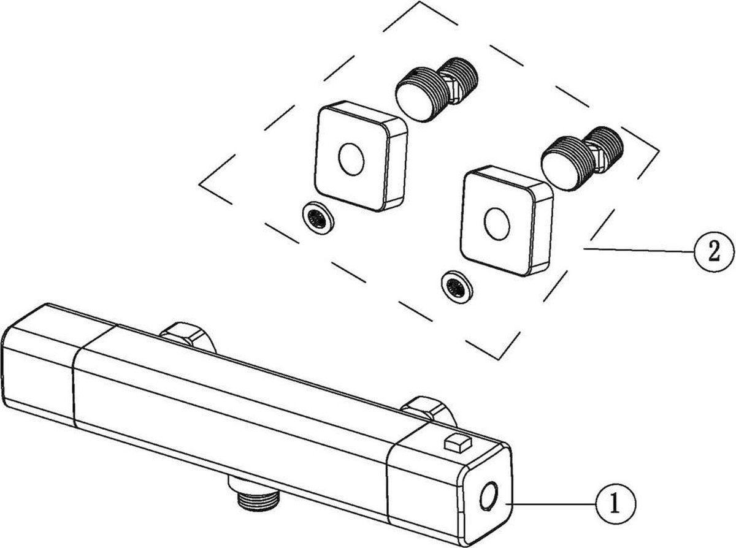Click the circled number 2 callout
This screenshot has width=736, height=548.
click(714, 252)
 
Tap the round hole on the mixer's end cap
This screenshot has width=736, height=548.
click(489, 497)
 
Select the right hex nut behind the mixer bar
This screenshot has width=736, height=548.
click(428, 412)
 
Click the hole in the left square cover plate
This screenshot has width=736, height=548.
click(351, 159)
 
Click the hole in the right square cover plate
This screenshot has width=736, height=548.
click(497, 224)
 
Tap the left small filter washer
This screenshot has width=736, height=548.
click(318, 218)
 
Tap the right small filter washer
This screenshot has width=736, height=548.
click(457, 288)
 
